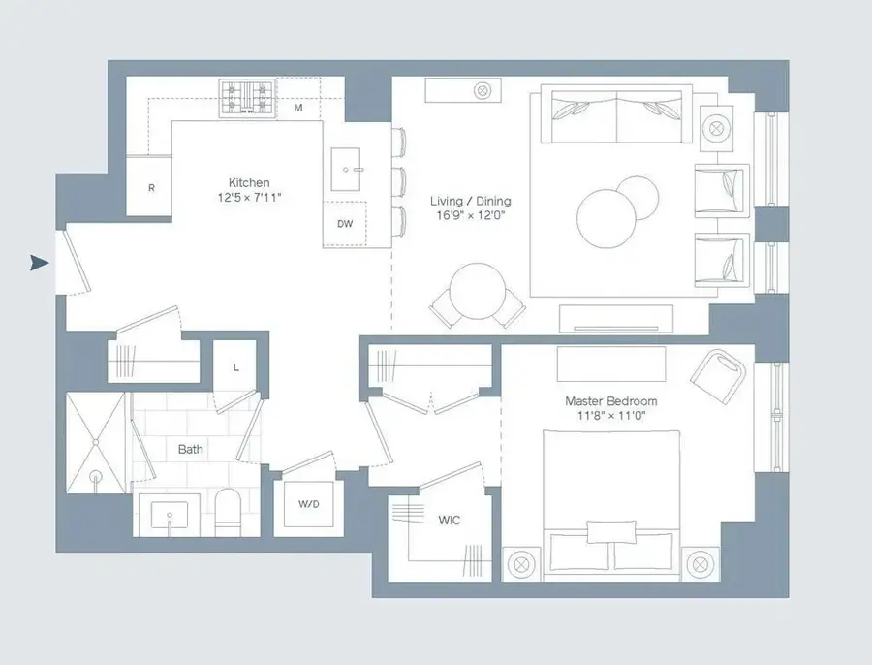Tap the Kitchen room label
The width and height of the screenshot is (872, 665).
[x=249, y=182]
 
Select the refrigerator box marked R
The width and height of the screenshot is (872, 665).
[x=151, y=188]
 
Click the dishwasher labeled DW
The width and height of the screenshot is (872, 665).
[x=345, y=223]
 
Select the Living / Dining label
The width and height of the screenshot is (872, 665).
[x=470, y=202]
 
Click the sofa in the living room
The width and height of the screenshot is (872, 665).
[x=617, y=115]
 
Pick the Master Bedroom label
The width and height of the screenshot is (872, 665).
[x=610, y=401]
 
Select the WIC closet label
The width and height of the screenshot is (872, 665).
[x=449, y=521]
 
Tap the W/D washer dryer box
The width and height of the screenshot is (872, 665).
[x=308, y=505]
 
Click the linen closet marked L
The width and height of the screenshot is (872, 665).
[x=235, y=366]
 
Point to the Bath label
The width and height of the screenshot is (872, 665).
[x=191, y=450]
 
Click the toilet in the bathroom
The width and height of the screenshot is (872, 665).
[x=227, y=511]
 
